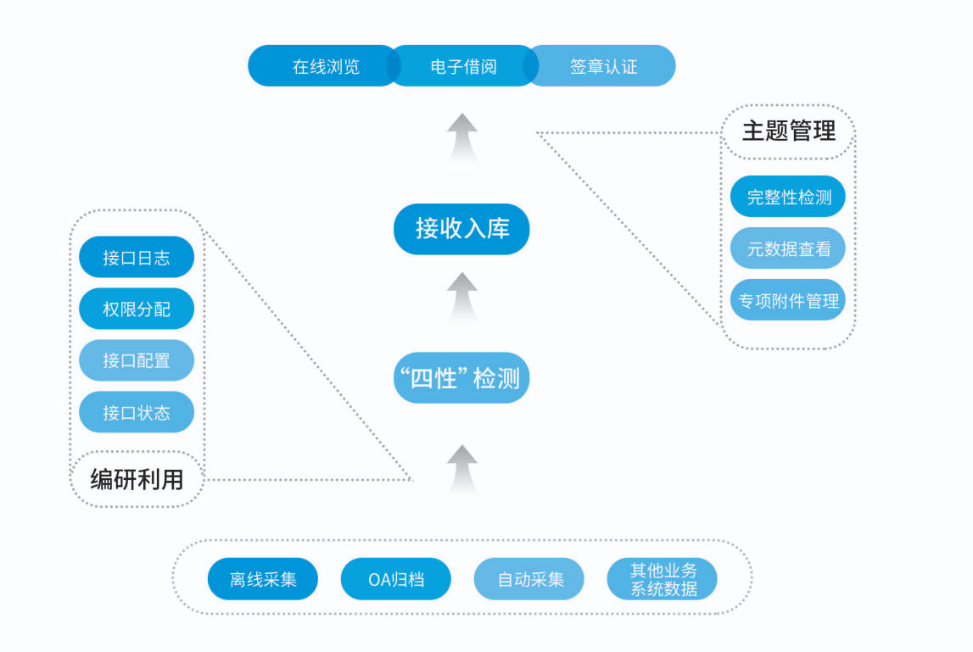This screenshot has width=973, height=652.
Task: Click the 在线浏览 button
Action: [x=326, y=66]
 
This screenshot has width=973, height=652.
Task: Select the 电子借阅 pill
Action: [x=463, y=66]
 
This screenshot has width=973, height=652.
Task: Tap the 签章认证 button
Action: [x=603, y=66]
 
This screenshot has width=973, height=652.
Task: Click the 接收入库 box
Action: [x=461, y=228]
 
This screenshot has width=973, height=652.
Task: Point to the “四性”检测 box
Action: [x=461, y=378]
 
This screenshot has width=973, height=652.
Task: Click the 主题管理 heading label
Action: [x=788, y=131]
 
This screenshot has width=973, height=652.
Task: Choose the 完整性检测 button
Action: [x=788, y=198]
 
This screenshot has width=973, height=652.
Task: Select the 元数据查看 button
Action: [x=788, y=249]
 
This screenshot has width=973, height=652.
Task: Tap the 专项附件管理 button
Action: [x=788, y=300]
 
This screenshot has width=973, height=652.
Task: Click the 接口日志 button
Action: [x=137, y=258]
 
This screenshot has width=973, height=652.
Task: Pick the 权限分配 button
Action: [x=137, y=309]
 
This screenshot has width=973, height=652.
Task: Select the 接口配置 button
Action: [x=137, y=361]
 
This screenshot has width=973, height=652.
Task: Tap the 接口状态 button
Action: [x=137, y=413]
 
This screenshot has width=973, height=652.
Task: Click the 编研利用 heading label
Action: [x=137, y=480]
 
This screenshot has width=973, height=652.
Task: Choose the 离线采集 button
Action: [x=263, y=580]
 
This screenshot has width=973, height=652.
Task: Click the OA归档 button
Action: [x=396, y=580]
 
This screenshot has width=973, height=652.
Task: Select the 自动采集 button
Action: [x=529, y=580]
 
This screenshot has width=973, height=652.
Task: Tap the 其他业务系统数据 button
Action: [x=663, y=580]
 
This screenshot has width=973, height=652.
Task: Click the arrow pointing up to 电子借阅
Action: [x=462, y=135]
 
